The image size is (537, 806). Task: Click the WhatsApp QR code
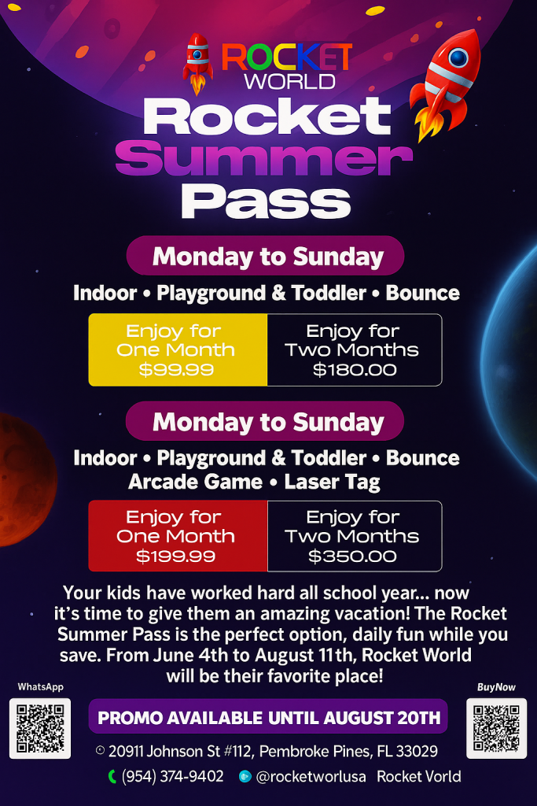[40, 728]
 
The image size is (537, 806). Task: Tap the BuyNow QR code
[496, 728]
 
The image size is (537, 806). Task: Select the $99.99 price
[176, 370]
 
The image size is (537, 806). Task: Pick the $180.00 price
[355, 370]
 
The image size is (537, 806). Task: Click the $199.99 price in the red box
[175, 556]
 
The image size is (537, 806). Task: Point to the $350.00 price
[352, 556]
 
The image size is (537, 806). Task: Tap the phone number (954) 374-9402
[172, 776]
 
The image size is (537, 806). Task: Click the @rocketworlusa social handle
[311, 776]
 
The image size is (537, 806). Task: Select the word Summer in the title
[264, 158]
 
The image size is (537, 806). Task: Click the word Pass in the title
[266, 201]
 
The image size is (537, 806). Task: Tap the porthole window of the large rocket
[458, 58]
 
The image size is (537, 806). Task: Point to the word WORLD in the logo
[289, 81]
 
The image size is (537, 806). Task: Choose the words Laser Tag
[332, 482]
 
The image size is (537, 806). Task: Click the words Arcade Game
[195, 482]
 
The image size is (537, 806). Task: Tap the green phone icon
[112, 776]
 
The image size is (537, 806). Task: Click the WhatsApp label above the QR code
[41, 686]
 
